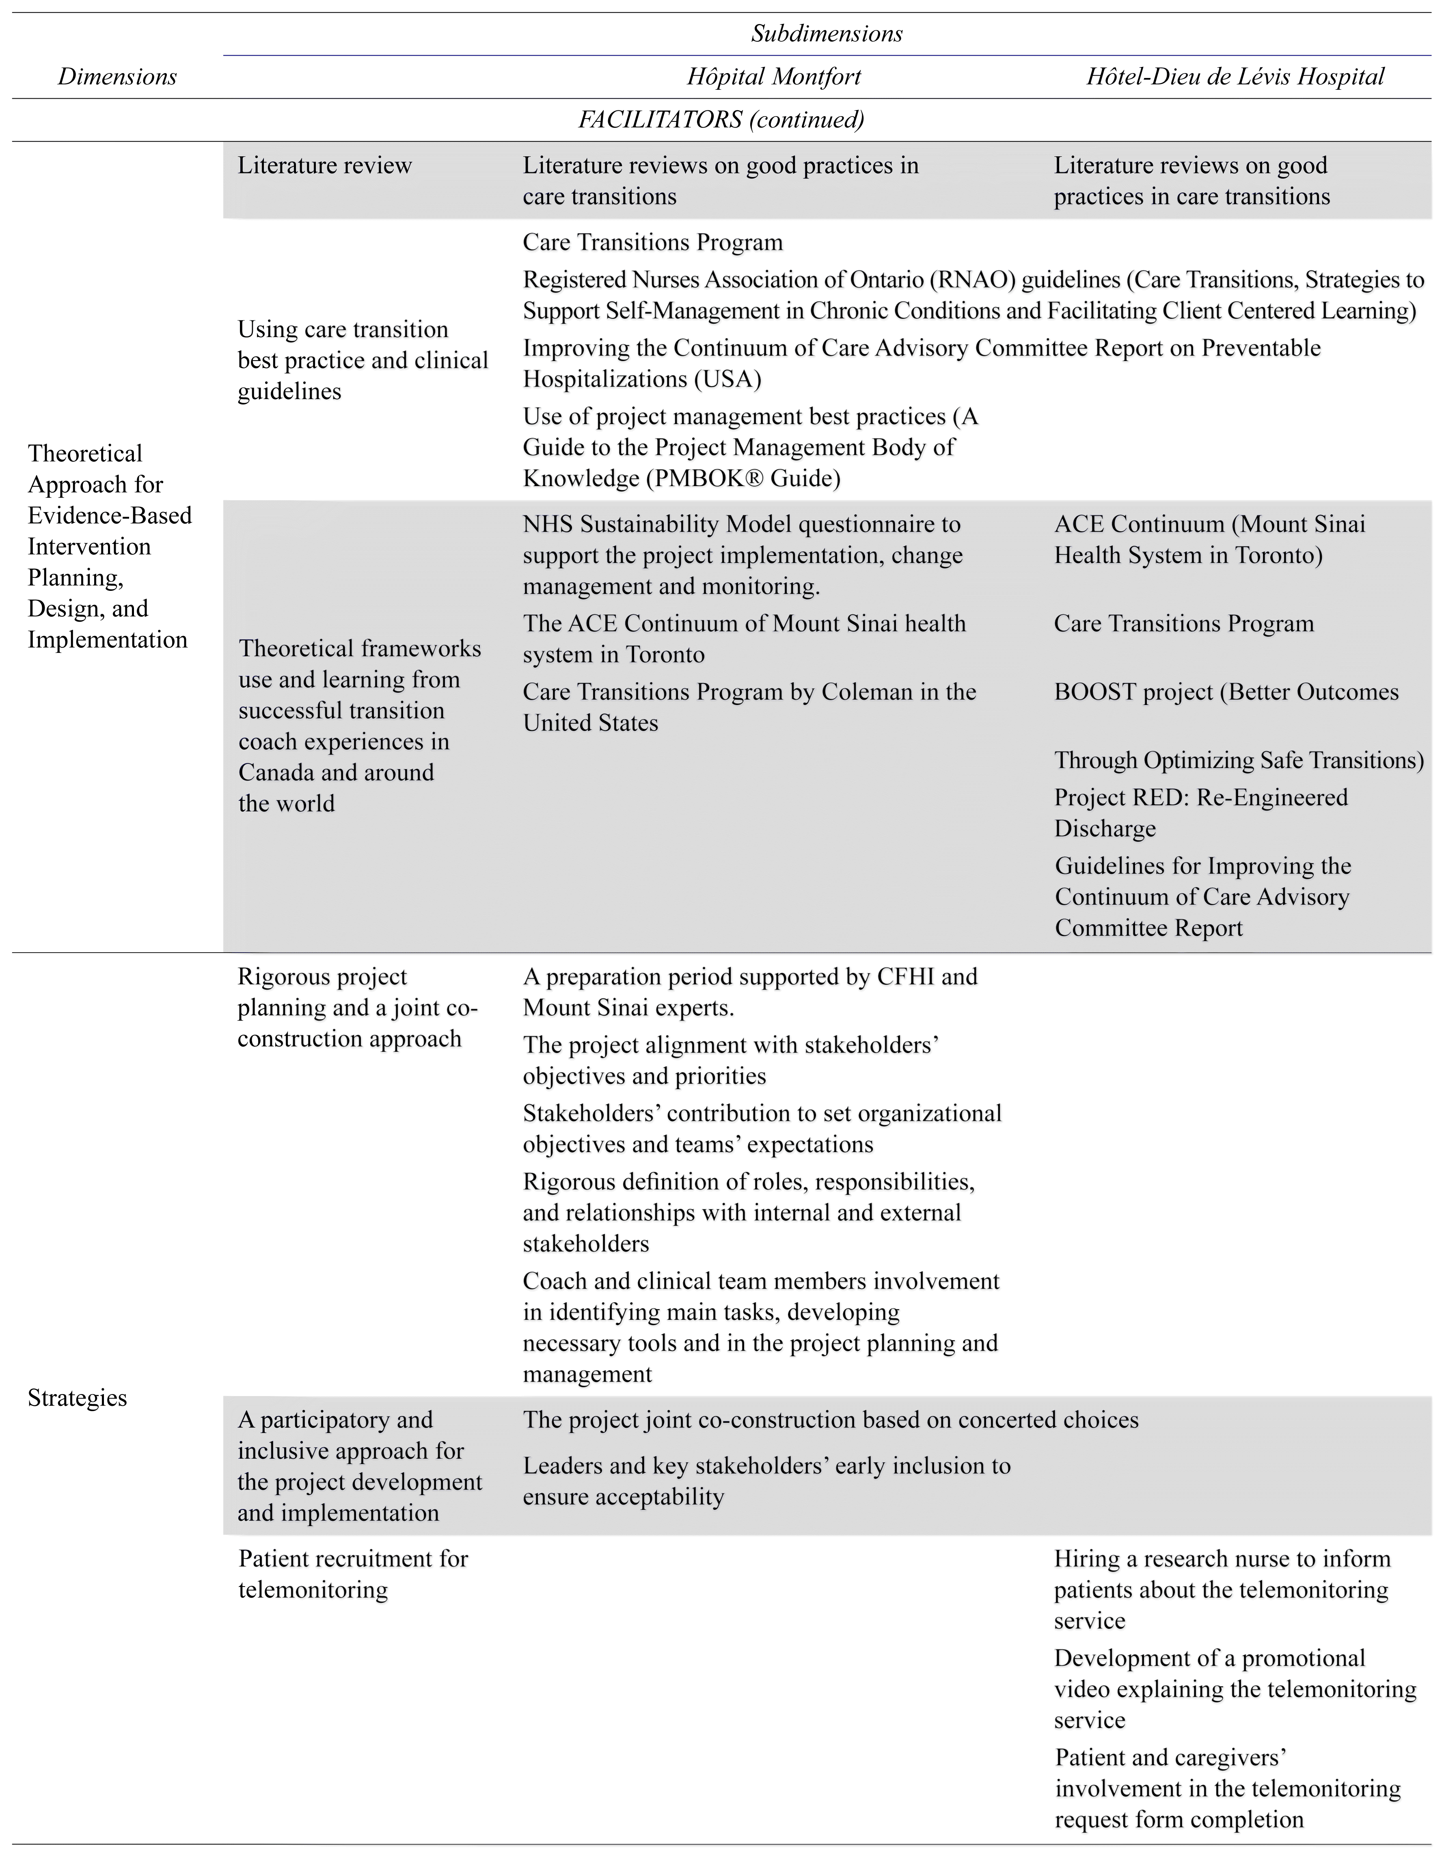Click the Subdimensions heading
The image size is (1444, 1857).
click(x=826, y=34)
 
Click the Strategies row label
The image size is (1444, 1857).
click(x=78, y=1398)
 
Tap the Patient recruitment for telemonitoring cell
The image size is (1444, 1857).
click(x=353, y=1574)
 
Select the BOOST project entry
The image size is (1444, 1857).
click(x=1226, y=692)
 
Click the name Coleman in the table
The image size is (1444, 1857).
click(x=863, y=692)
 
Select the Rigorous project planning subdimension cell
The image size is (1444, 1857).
click(x=357, y=1007)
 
